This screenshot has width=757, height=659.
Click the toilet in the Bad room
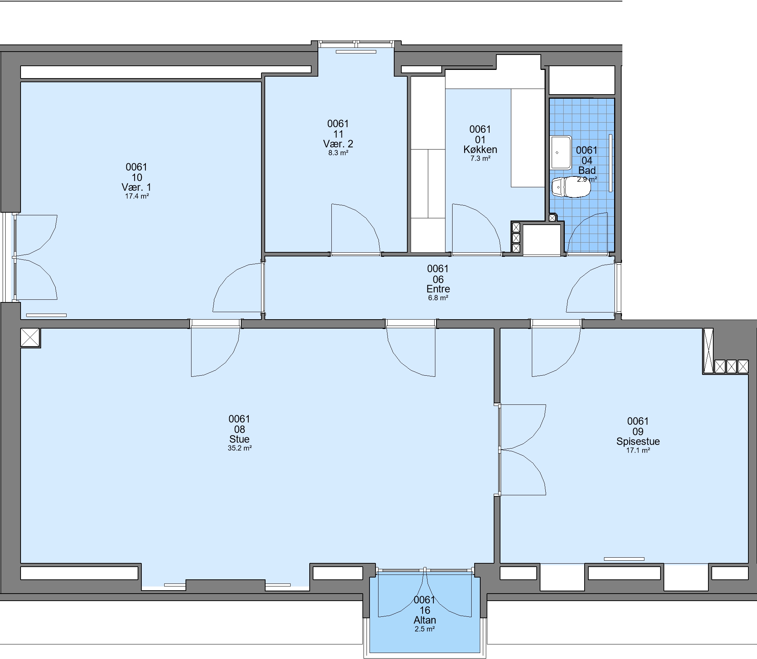coord(571,187)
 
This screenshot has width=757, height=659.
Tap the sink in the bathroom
coord(561,153)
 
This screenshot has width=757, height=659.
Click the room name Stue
coord(239,439)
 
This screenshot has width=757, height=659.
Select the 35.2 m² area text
coord(240,448)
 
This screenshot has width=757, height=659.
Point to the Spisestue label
coord(638,441)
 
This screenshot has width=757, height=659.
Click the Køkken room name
coord(480,150)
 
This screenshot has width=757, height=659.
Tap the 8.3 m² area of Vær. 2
coord(338,153)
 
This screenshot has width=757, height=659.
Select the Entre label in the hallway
coord(438,289)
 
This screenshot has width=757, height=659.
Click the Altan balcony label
coord(425,620)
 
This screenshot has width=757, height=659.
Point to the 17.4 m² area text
coord(137,196)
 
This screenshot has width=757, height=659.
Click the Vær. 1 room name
coord(137,187)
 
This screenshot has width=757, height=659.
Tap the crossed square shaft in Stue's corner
coord(30,338)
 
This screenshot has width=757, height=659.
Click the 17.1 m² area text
coord(638,450)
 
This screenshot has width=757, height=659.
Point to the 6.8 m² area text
coord(438,298)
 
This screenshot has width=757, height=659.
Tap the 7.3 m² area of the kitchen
coord(480,158)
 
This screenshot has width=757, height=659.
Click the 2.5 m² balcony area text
coord(425,629)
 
